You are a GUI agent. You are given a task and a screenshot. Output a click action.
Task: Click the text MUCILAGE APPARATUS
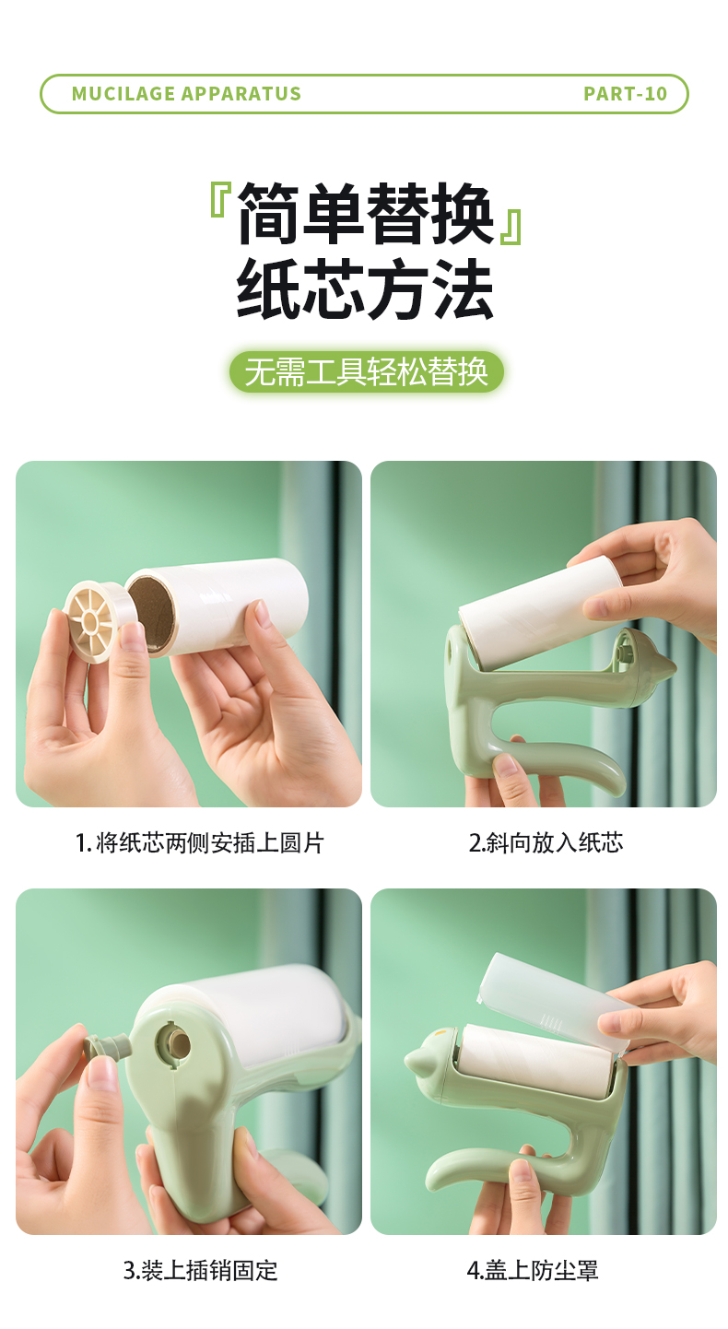(186, 94)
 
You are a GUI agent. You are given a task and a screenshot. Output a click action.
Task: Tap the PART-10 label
(626, 94)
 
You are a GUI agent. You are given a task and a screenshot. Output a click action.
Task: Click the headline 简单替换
(366, 214)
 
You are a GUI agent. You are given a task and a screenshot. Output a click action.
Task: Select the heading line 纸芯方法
(365, 290)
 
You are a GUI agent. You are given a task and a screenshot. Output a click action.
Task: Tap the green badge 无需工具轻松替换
(367, 372)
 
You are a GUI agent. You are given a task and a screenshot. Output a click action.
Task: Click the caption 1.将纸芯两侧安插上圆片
(200, 842)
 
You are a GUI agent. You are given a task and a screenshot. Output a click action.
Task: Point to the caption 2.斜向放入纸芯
(546, 842)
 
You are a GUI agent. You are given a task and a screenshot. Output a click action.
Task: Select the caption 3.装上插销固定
(201, 1270)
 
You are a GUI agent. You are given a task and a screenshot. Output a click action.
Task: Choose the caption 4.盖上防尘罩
(533, 1270)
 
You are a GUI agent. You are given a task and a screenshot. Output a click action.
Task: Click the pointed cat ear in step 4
(418, 1055)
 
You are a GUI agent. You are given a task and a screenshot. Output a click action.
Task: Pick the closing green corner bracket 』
(511, 227)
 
